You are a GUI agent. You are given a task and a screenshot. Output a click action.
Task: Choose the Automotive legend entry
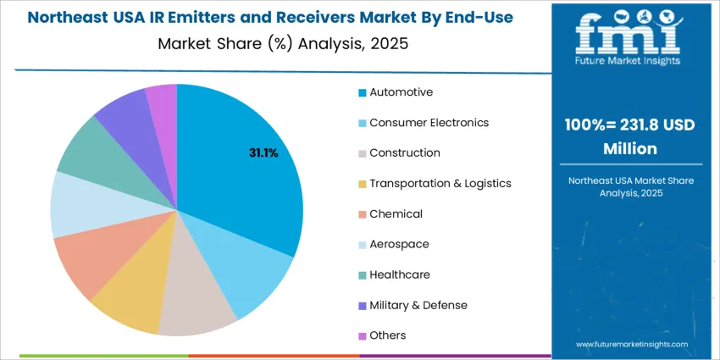click(401, 92)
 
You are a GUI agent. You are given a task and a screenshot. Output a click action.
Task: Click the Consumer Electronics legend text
click(429, 123)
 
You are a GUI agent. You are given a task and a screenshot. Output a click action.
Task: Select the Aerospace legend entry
click(399, 244)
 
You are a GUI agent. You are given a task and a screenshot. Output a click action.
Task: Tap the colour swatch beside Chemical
click(363, 214)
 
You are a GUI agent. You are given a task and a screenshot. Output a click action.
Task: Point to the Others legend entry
click(388, 335)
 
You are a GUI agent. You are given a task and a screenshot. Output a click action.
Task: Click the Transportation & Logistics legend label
click(440, 184)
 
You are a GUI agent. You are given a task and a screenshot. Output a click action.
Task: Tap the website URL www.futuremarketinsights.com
click(631, 345)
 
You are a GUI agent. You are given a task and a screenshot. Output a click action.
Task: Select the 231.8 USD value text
click(653, 125)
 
